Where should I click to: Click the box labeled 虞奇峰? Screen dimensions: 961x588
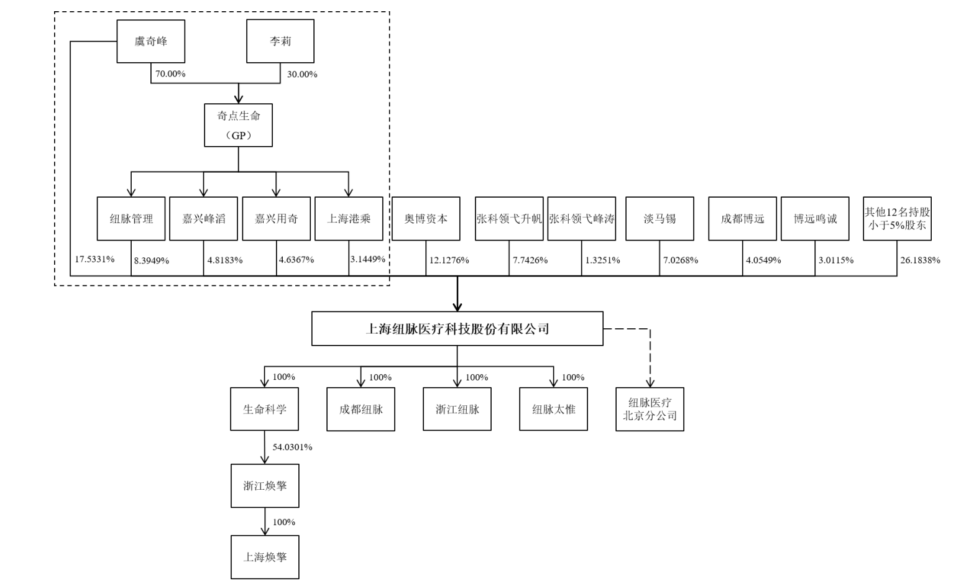[x=151, y=41]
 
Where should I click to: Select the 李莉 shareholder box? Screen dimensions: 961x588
[x=280, y=41]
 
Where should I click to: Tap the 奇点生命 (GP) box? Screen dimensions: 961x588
[x=238, y=125]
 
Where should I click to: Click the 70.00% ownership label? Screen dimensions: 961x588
[x=170, y=74]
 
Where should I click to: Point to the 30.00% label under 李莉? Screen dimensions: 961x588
[x=302, y=74]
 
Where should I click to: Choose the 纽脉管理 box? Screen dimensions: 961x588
[x=131, y=219]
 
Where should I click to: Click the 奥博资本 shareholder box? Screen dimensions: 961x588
[x=426, y=219]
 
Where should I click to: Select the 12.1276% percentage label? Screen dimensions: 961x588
[x=449, y=260]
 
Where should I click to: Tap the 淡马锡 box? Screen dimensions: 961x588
[x=660, y=219]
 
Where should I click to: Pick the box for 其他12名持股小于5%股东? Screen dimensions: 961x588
[x=897, y=219]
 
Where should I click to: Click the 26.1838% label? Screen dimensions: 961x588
[x=920, y=260]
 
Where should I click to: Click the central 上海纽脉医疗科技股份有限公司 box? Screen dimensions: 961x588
[x=458, y=329]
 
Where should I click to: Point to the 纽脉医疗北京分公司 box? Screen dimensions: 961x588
[x=650, y=409]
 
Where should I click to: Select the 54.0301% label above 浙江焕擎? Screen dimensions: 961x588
[x=293, y=447]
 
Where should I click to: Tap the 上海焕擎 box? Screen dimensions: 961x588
[x=265, y=557]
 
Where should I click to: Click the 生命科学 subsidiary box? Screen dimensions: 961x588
[x=264, y=409]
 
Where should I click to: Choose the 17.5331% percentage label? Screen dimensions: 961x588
[x=95, y=259]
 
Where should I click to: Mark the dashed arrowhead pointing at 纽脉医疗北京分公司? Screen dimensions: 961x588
[x=650, y=382]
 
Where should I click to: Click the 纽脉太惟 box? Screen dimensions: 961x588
[x=553, y=409]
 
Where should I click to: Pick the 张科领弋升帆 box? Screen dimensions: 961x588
[x=509, y=219]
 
